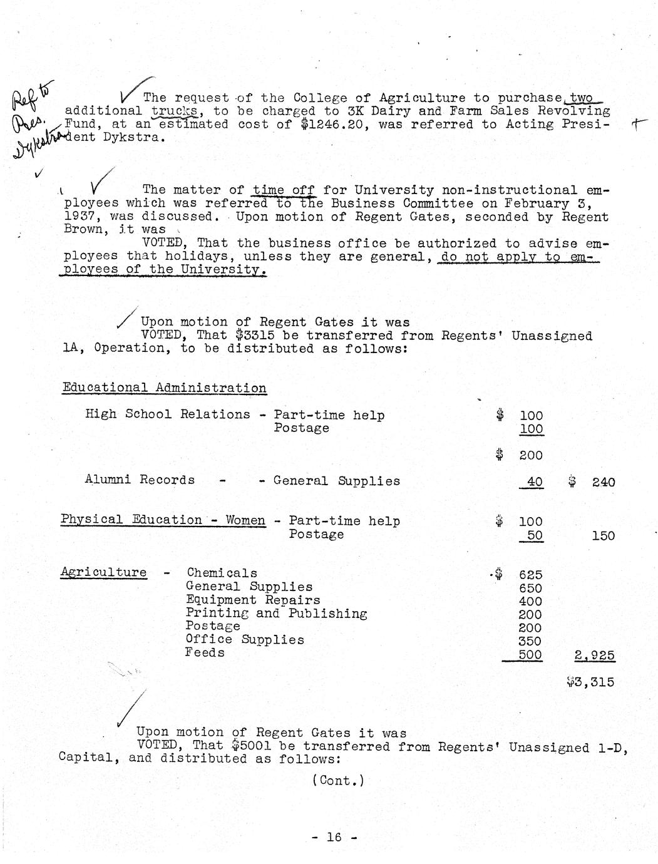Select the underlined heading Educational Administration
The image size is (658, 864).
coord(164,388)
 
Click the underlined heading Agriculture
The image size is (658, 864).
coord(104,572)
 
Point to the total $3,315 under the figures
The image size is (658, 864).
coord(590,682)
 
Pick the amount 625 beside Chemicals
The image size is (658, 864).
coord(530,575)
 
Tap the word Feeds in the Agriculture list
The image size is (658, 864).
coord(205,652)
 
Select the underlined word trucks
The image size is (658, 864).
coord(174,111)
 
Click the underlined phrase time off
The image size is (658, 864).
coord(284,190)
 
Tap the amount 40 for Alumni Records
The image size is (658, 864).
coord(535,481)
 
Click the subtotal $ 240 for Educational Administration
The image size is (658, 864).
coord(592,482)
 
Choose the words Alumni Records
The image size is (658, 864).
coord(140,480)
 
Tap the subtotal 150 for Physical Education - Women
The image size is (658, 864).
coord(603,535)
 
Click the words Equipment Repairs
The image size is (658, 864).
coord(253,600)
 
